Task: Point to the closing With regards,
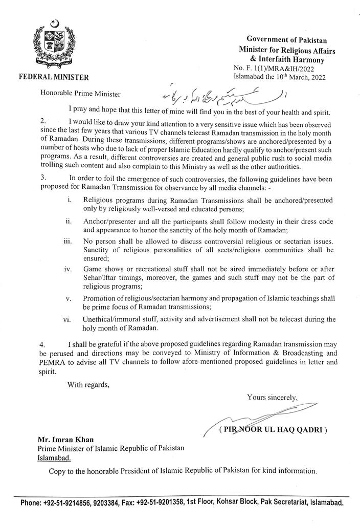pyautogui.click(x=88, y=385)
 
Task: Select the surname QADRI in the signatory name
pyautogui.click(x=308, y=430)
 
